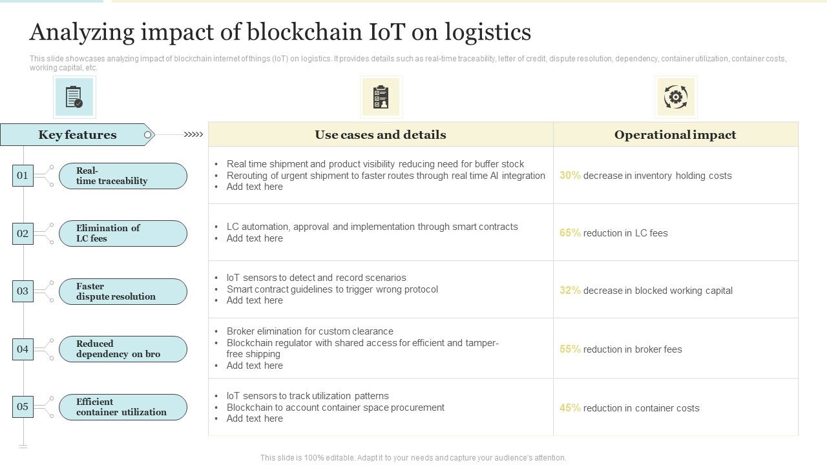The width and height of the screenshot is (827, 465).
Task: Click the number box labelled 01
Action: [x=23, y=176]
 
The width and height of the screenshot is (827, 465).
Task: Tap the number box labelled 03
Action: [x=23, y=291]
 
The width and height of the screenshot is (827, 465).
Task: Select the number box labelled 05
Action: [x=23, y=407]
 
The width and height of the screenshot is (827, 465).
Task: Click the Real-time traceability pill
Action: [x=123, y=176]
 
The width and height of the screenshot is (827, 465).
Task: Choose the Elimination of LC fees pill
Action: [x=123, y=233]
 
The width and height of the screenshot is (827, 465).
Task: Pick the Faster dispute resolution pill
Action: [x=123, y=291]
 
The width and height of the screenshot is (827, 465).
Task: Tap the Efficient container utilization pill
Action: [x=123, y=408]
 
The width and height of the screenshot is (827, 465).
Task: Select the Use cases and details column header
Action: [x=381, y=135]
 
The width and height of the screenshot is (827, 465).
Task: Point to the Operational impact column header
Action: [x=675, y=135]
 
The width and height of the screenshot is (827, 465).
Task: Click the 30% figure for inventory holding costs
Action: [x=570, y=176]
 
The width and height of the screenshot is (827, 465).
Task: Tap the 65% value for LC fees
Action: [x=570, y=233]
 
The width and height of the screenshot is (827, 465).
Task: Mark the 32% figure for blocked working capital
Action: [x=570, y=291]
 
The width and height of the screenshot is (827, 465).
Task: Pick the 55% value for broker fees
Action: [x=570, y=349]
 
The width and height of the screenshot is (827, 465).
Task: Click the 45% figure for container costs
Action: [x=570, y=408]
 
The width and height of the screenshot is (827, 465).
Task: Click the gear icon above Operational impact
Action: [x=676, y=98]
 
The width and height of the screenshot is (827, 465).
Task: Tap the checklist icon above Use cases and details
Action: [x=381, y=98]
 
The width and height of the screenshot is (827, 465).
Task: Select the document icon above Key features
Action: [x=74, y=98]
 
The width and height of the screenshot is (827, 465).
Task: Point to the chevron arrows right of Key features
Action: [x=193, y=135]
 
